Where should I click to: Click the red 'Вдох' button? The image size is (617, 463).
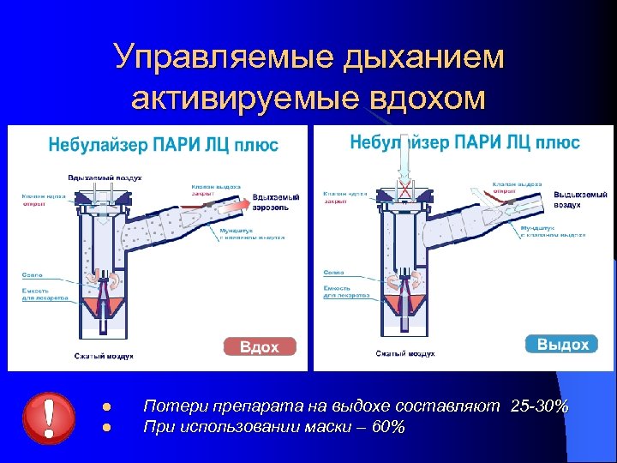tap(260, 346)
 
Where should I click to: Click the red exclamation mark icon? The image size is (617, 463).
tap(49, 416)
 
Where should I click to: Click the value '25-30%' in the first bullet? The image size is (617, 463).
tap(538, 406)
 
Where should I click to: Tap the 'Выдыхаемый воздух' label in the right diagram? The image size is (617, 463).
tap(580, 200)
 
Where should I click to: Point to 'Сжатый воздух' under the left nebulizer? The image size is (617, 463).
tap(104, 355)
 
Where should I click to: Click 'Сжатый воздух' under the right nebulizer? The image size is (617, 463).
tap(405, 352)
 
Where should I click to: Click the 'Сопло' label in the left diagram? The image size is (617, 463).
tap(33, 275)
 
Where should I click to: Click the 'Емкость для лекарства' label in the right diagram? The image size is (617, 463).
tap(346, 291)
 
